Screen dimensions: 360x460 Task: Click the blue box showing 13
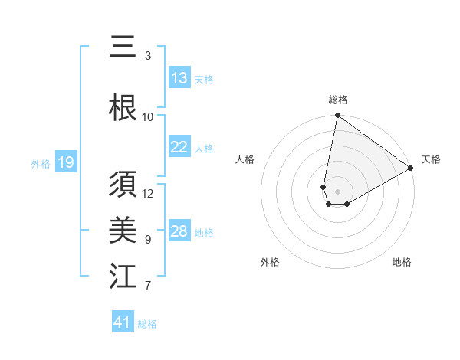179,78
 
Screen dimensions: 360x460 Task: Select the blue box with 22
179,148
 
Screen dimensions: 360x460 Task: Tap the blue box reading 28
179,232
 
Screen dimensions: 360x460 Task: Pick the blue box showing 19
66,162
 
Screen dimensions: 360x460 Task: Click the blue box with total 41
123,322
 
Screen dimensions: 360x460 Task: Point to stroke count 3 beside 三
147,56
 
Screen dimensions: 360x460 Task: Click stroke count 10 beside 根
148,116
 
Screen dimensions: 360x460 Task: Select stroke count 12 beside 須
148,193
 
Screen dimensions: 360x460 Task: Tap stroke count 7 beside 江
147,286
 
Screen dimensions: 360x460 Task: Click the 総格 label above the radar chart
337,100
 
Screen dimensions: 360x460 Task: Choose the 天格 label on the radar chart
431,159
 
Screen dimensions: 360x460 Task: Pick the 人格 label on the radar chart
245,159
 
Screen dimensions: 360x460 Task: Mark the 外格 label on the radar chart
270,262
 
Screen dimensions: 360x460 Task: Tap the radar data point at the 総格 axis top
337,116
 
